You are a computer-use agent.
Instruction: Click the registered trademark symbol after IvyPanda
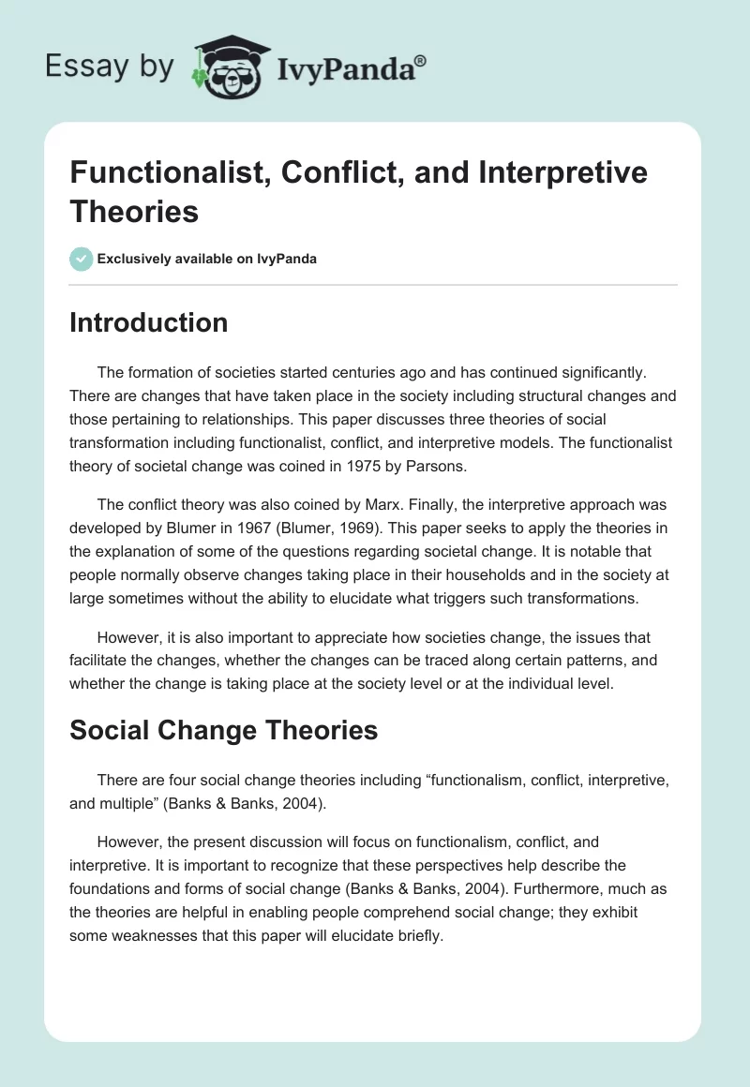coord(421,61)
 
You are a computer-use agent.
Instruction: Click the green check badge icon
coord(82,259)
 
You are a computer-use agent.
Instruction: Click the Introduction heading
coord(148,322)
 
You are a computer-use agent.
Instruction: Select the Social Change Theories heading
coord(223,730)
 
